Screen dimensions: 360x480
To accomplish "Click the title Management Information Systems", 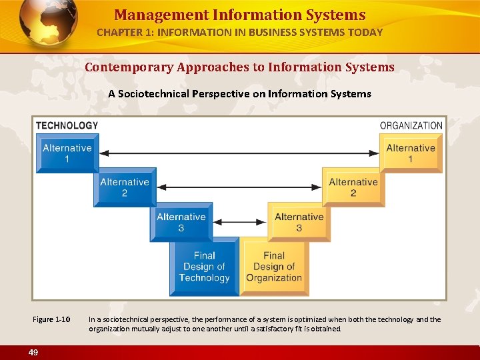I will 239,15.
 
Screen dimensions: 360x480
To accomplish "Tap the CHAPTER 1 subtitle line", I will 239,32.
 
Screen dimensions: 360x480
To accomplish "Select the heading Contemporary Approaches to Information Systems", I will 239,67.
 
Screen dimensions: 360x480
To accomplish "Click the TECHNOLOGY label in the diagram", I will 67,125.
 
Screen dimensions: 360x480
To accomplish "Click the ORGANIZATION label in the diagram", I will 411,125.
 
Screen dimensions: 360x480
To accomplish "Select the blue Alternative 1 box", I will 67,153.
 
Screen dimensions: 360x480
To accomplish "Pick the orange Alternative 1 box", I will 410,153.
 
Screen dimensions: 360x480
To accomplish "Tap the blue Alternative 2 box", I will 124,187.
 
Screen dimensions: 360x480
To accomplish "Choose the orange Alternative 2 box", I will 353,187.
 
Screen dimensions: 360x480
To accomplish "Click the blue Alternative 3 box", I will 181,222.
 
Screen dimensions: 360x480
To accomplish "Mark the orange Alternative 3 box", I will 299,222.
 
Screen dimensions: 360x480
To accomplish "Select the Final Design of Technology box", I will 204,267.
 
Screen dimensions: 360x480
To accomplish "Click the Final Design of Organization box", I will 273,267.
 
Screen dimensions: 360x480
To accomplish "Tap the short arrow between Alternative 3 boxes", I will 239,221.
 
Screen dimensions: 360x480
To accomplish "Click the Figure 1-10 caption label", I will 51,319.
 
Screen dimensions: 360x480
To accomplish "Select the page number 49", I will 33,351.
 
